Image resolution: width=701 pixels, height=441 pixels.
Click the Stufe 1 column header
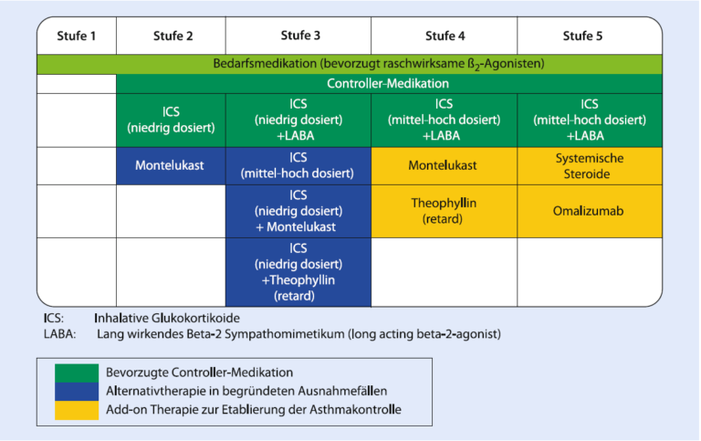[77, 36]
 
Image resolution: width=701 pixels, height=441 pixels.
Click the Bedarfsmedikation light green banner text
[379, 64]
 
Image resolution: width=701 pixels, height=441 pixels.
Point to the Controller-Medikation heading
[388, 84]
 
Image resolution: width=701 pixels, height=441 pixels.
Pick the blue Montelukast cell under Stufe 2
[171, 166]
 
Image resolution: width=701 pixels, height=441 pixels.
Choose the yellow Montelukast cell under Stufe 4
[444, 166]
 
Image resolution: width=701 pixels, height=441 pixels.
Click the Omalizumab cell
[590, 211]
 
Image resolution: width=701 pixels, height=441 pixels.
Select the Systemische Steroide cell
[590, 166]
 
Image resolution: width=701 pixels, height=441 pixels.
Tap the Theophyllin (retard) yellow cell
[444, 211]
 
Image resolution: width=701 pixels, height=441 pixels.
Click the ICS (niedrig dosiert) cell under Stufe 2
[171, 121]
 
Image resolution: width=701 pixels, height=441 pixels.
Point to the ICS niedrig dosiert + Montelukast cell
[298, 211]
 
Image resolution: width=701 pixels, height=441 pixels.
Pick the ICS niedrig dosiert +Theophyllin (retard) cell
[298, 272]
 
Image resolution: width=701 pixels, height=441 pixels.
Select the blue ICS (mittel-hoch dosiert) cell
[298, 166]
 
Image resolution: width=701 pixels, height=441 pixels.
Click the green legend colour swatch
[77, 373]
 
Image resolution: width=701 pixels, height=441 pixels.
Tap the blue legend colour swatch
[77, 392]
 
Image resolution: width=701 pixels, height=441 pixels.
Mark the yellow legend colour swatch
[77, 410]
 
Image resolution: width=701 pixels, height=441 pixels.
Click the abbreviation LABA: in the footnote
[60, 334]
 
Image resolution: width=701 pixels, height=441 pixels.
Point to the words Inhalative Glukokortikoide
[167, 318]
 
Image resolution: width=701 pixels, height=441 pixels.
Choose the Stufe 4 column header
[445, 36]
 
